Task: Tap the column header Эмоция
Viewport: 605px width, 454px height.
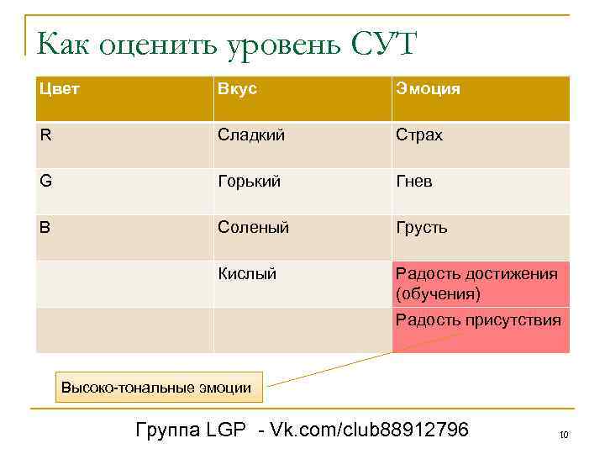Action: point(428,89)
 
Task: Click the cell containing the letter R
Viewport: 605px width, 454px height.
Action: point(47,135)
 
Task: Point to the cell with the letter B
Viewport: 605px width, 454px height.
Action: point(47,228)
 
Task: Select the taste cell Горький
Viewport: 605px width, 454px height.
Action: point(249,182)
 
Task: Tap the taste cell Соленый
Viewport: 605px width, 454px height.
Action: point(253,228)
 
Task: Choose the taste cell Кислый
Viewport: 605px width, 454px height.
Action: point(247,273)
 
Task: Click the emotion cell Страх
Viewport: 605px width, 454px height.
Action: point(419,135)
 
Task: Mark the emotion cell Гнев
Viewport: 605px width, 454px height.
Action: point(414,182)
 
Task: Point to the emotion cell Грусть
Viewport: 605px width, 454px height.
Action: point(422,228)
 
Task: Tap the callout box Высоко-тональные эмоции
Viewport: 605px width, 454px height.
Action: point(156,388)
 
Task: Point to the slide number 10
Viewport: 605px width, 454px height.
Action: point(563,435)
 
